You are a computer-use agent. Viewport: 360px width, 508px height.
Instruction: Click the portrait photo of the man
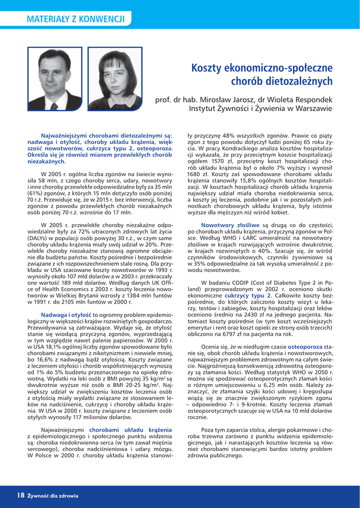tap(55, 79)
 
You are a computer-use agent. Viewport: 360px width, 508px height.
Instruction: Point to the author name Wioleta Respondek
tap(303, 99)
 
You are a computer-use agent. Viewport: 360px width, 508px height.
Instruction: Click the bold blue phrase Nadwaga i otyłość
tap(66, 315)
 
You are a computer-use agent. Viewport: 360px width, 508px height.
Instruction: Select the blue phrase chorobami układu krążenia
tap(131, 429)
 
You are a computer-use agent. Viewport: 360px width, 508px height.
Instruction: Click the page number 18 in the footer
tap(21, 495)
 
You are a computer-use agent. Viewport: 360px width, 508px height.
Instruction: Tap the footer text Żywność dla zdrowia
tap(53, 495)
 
